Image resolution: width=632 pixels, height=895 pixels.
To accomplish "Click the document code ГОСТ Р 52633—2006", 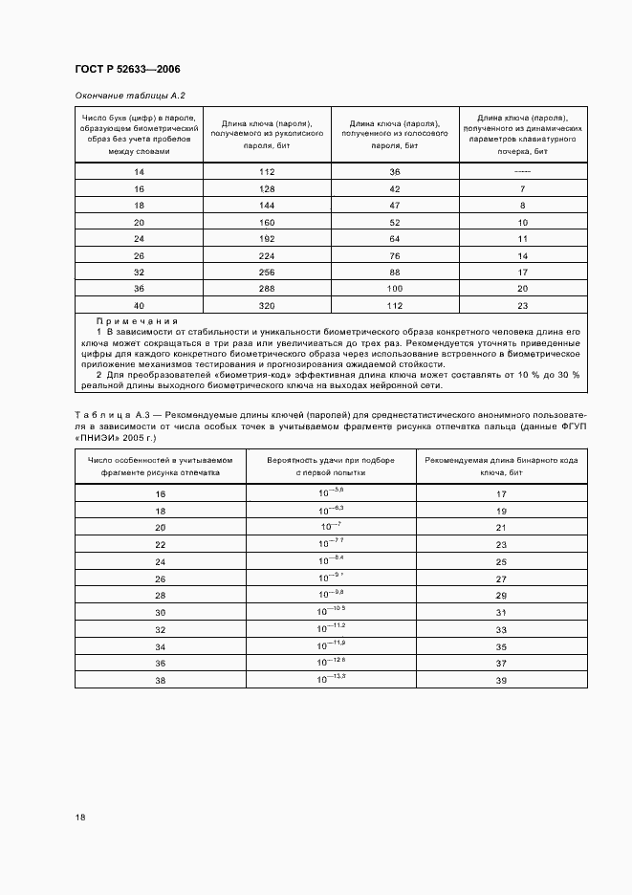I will click(127, 70).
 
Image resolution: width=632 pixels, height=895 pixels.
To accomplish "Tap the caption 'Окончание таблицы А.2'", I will click(129, 96).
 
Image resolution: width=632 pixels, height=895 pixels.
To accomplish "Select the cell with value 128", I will click(267, 189).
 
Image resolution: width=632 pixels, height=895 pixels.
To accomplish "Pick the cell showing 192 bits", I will click(267, 238).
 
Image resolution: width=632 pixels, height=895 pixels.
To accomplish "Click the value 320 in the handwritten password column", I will click(267, 306).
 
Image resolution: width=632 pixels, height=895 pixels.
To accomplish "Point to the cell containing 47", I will click(394, 206).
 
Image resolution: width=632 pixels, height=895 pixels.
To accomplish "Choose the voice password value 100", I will click(394, 288).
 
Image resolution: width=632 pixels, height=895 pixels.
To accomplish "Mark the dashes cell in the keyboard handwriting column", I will click(522, 172).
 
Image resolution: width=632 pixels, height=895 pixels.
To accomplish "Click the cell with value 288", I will click(267, 288).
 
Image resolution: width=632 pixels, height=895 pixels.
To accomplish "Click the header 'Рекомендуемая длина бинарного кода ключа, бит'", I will click(500, 467).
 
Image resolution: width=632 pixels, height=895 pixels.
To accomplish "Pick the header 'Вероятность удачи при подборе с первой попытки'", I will click(332, 467).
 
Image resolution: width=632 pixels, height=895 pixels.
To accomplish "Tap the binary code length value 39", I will click(500, 680).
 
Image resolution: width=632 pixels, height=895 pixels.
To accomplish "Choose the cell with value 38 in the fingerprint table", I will click(161, 680).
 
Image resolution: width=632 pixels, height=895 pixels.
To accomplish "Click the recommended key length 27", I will click(500, 579).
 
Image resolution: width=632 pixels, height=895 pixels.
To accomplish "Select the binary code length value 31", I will click(500, 613).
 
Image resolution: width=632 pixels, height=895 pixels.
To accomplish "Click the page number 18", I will click(79, 818).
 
